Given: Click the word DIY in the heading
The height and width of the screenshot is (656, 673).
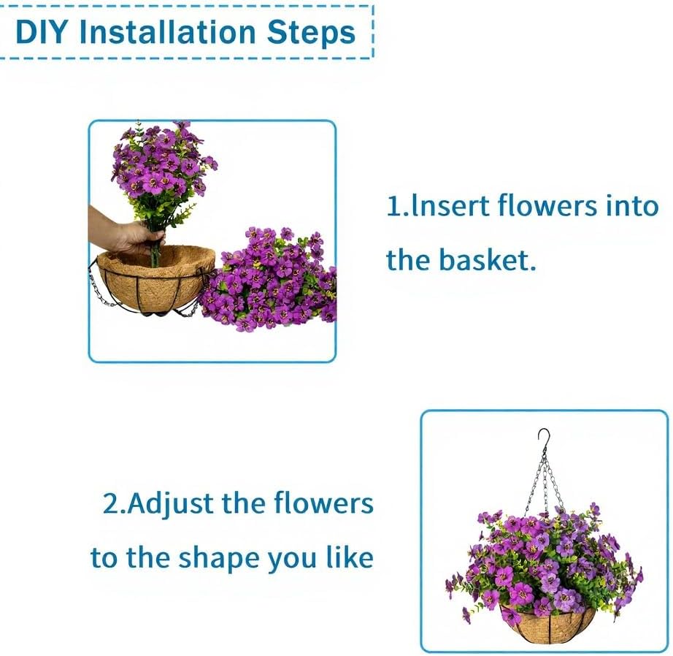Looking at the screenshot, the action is [42, 32].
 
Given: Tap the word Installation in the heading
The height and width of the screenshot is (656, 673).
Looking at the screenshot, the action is [167, 32].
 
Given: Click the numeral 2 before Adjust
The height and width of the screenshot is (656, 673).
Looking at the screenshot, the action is [109, 503].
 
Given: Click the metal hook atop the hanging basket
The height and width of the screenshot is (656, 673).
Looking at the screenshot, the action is [545, 438].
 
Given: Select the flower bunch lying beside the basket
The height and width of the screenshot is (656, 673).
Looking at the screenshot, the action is [270, 280].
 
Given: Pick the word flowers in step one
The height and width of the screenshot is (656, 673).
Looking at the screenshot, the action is [547, 205].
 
